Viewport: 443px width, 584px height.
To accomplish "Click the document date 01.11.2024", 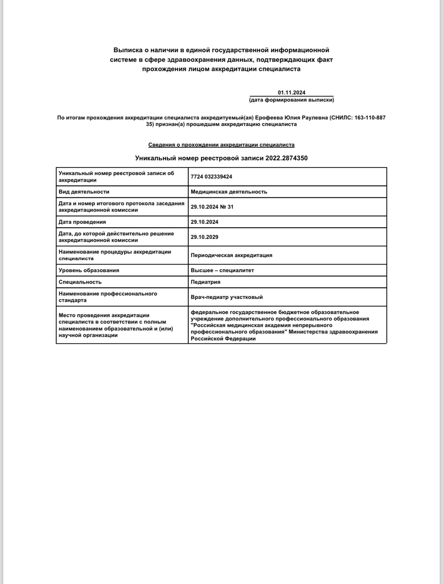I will point(292,92).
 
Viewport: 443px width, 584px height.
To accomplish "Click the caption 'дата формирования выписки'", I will point(292,100).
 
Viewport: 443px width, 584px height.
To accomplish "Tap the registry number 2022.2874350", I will point(286,158).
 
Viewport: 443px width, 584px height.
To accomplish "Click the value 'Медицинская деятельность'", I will point(229,192).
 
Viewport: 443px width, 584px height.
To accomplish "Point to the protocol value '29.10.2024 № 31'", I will point(212,207).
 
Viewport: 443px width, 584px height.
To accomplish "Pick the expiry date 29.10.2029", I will point(204,237).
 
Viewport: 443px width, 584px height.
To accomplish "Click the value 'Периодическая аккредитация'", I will point(231,255).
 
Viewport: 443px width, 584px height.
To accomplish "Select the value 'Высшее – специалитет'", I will point(222,270).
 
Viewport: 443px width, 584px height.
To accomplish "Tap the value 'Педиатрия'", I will point(205,282).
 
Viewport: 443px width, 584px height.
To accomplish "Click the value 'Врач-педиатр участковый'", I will point(227,297).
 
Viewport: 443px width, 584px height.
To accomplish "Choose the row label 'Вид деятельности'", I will point(84,192).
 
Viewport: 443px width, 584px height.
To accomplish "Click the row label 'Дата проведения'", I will point(82,222).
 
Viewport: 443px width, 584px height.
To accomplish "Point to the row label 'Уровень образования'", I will point(89,270).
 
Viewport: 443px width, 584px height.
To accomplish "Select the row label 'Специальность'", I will point(80,282).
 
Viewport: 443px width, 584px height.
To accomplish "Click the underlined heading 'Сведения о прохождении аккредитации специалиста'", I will point(221,145).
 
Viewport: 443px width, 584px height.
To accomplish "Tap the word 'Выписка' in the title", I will point(126,50).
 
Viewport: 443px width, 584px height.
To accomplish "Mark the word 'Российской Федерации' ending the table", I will point(223,339).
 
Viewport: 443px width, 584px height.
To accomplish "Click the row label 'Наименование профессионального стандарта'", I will point(107,297).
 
